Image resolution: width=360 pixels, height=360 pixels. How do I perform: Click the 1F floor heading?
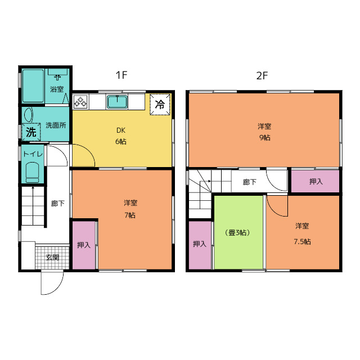[121, 75]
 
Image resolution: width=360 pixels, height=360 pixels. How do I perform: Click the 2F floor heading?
[262, 75]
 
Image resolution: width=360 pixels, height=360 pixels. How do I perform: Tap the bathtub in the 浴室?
[33, 85]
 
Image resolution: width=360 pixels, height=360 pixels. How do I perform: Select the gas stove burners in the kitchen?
[80, 102]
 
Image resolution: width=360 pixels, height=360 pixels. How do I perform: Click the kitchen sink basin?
[118, 102]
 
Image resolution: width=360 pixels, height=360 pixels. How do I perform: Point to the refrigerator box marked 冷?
[160, 105]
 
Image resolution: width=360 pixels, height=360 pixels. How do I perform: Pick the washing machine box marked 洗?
[31, 132]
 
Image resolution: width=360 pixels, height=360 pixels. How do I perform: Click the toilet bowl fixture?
[33, 172]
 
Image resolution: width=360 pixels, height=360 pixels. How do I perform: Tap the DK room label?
[121, 130]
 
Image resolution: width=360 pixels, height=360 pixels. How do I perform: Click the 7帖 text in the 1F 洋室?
[130, 215]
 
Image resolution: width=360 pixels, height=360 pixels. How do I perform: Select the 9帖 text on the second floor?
[265, 137]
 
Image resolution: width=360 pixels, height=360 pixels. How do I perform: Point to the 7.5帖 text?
[303, 241]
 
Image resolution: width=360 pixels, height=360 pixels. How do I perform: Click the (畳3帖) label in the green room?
[238, 232]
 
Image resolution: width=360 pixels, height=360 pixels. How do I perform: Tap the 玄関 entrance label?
[52, 258]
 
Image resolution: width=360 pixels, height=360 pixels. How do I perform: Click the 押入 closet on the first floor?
[84, 245]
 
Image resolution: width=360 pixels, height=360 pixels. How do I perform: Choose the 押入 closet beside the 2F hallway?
[316, 181]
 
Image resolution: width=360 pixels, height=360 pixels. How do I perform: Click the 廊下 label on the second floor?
[250, 182]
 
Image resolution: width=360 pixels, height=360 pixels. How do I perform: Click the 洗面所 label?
[56, 125]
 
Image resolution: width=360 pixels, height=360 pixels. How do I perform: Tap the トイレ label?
[33, 154]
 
